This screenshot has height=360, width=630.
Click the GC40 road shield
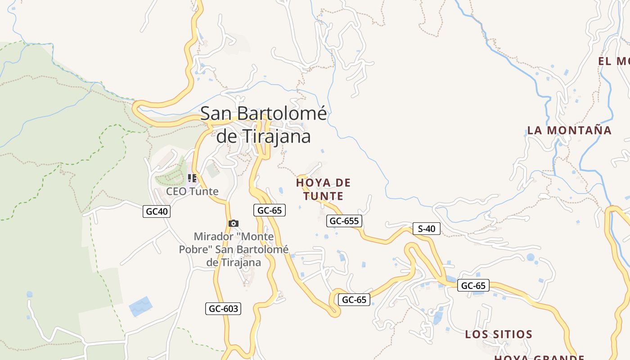[x=157, y=211]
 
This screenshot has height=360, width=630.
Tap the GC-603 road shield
[x=223, y=308]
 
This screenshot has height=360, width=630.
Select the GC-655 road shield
[x=344, y=220]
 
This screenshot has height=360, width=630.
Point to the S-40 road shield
[x=426, y=229]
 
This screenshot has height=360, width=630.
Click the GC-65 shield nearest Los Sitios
[x=473, y=285]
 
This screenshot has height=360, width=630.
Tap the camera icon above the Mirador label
[x=233, y=223]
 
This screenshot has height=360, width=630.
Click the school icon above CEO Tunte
[x=192, y=178]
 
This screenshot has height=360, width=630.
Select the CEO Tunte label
[x=192, y=191]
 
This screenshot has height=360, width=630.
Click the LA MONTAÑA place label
[x=569, y=130]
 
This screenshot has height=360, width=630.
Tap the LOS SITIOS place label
[x=499, y=334]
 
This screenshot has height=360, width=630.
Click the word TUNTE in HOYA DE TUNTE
[x=323, y=196]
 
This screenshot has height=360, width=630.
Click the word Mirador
[x=213, y=236]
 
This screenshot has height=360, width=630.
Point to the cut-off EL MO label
[x=613, y=61]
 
